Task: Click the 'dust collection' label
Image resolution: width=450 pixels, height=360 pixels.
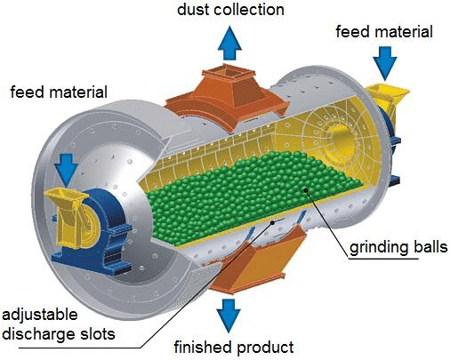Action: click(230, 10)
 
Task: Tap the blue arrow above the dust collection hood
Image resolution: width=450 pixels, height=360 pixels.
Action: click(229, 43)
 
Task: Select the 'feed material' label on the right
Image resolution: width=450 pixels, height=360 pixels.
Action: click(384, 32)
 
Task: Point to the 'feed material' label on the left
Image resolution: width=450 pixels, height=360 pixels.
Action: click(59, 92)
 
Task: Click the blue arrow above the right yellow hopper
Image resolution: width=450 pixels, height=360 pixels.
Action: click(385, 63)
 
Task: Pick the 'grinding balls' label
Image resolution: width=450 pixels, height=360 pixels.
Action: click(398, 247)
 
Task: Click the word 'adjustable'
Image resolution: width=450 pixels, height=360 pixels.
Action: click(40, 315)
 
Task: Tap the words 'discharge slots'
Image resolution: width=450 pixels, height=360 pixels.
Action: click(59, 334)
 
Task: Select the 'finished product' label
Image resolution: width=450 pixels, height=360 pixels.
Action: click(234, 348)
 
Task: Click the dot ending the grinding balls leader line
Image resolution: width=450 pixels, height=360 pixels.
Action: click(306, 190)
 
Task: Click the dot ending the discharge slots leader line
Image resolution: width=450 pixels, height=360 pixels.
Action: click(272, 222)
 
